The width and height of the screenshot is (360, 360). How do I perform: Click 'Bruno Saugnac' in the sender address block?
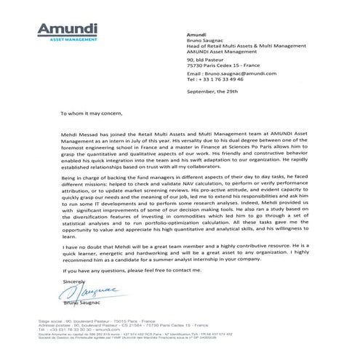[207, 41]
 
